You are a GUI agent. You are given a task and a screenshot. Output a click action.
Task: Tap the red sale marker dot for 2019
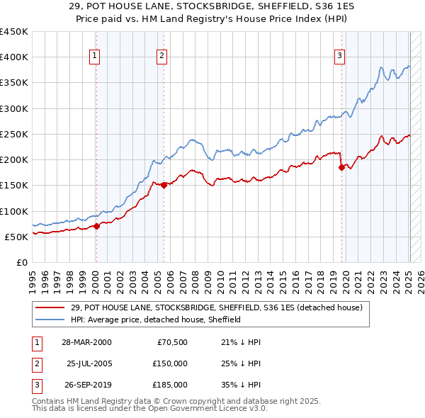click(341, 168)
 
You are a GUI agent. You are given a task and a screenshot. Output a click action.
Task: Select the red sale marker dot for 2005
click(164, 185)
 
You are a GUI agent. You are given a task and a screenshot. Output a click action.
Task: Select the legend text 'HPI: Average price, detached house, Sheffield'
click(156, 320)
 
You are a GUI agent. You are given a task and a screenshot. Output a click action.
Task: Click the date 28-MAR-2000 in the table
click(86, 342)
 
